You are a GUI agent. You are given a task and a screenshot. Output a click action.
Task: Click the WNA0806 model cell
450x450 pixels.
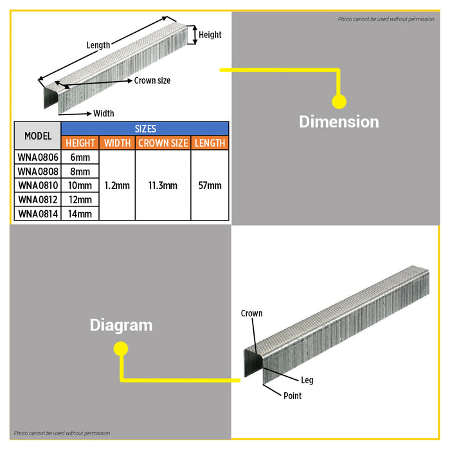[x=37, y=157]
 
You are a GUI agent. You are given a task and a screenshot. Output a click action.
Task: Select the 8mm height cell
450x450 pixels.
[x=80, y=172]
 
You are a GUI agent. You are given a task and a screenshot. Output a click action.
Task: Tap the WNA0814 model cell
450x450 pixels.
[x=37, y=214]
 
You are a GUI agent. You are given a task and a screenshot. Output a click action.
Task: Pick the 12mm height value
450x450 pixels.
[x=80, y=200]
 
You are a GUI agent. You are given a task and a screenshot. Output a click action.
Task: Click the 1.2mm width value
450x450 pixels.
[x=117, y=185]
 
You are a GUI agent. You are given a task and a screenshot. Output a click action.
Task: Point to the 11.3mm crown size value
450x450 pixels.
[x=163, y=185]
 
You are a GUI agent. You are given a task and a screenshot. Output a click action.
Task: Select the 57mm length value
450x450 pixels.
[x=210, y=185]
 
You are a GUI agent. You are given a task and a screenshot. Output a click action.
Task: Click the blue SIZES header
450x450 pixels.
[x=145, y=129]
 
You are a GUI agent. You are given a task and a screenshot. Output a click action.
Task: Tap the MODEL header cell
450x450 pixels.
[x=37, y=136]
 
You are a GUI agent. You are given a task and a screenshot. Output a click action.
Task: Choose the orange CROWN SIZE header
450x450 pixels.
[x=163, y=143]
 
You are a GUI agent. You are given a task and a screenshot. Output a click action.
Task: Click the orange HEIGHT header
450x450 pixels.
[x=80, y=143]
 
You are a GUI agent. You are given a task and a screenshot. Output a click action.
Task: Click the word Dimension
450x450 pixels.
[x=339, y=122]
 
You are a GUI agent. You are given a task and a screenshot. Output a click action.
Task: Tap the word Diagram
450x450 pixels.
[x=121, y=325]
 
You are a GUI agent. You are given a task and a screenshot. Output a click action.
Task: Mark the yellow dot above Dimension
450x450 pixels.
[x=339, y=102]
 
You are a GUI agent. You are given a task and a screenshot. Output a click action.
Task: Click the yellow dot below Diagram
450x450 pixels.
[x=121, y=348]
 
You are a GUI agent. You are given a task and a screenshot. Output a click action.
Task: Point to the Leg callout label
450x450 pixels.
[x=307, y=381]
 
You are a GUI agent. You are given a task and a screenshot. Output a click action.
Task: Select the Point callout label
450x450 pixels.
[x=292, y=396]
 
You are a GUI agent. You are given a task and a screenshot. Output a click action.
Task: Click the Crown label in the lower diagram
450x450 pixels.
[x=252, y=314]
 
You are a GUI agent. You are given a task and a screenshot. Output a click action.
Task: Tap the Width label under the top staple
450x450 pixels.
[x=104, y=114]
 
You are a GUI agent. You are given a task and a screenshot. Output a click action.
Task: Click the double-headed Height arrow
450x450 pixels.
[x=195, y=35]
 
